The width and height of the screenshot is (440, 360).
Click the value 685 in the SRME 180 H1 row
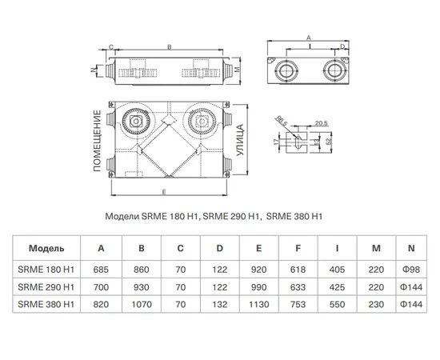click(x=101, y=270)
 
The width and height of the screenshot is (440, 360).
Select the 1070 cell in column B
click(x=142, y=305)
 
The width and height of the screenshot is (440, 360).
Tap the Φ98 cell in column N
click(x=411, y=270)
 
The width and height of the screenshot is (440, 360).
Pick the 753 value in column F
click(x=298, y=305)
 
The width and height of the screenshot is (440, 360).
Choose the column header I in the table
click(x=337, y=248)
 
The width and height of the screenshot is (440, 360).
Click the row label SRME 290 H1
click(x=46, y=287)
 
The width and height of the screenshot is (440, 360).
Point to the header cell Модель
click(x=46, y=248)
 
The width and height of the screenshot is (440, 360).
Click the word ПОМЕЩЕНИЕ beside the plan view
click(x=97, y=141)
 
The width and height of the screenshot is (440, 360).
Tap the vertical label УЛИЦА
click(x=240, y=140)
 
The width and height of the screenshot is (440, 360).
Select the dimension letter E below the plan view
click(x=164, y=192)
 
